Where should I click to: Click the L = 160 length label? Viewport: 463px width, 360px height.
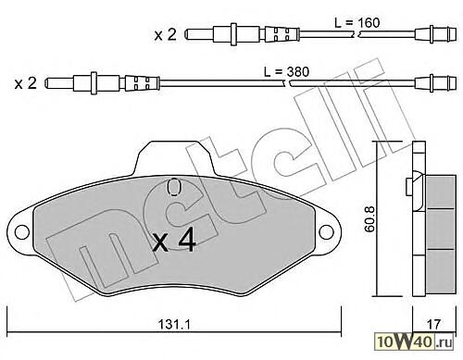click(x=357, y=22)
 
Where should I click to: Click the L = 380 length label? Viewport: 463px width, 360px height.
click(x=286, y=72)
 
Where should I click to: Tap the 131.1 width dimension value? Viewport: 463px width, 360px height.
click(x=174, y=324)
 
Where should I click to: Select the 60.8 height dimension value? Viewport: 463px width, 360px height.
click(x=369, y=218)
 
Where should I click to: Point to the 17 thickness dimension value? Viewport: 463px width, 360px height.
click(x=434, y=324)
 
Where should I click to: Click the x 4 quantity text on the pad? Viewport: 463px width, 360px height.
click(x=174, y=240)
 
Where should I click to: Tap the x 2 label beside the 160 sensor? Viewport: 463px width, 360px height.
click(x=166, y=34)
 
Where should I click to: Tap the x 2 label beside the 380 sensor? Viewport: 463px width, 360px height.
click(x=25, y=83)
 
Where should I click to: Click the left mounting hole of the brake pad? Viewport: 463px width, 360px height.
click(x=22, y=232)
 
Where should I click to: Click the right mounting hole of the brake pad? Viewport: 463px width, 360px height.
click(x=326, y=231)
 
